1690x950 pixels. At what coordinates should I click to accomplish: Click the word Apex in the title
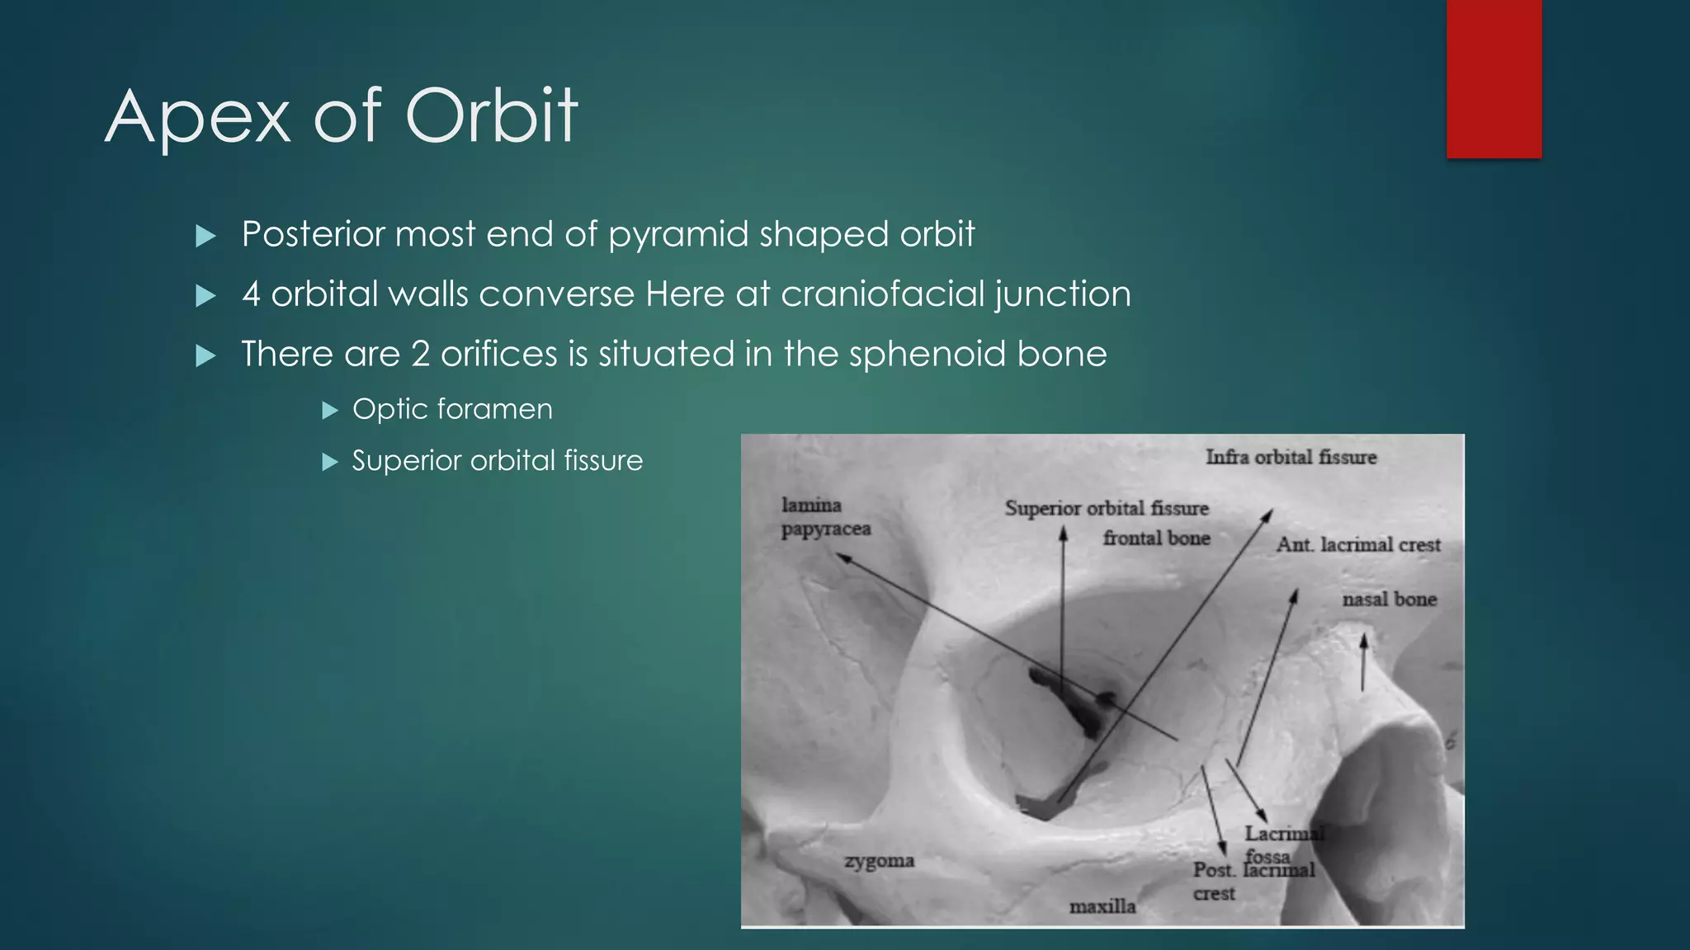(x=198, y=117)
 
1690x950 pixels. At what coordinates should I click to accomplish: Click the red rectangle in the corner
(x=1494, y=78)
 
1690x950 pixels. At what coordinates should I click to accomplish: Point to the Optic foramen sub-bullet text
(x=452, y=409)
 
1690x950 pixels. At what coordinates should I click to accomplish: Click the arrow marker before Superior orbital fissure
(x=330, y=461)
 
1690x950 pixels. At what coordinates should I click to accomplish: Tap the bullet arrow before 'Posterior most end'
(x=205, y=237)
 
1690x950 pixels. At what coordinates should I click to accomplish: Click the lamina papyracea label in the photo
(x=824, y=516)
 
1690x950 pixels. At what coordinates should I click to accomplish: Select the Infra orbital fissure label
(x=1291, y=457)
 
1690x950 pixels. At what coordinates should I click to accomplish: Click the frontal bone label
(x=1156, y=538)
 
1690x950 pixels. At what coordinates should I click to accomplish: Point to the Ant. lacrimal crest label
(x=1357, y=544)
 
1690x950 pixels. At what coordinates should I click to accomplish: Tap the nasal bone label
(x=1389, y=600)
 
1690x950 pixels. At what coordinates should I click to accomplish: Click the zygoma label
(x=879, y=861)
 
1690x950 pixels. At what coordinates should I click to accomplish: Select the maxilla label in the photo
(x=1102, y=906)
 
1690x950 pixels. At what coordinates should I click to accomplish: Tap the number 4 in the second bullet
(x=251, y=294)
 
